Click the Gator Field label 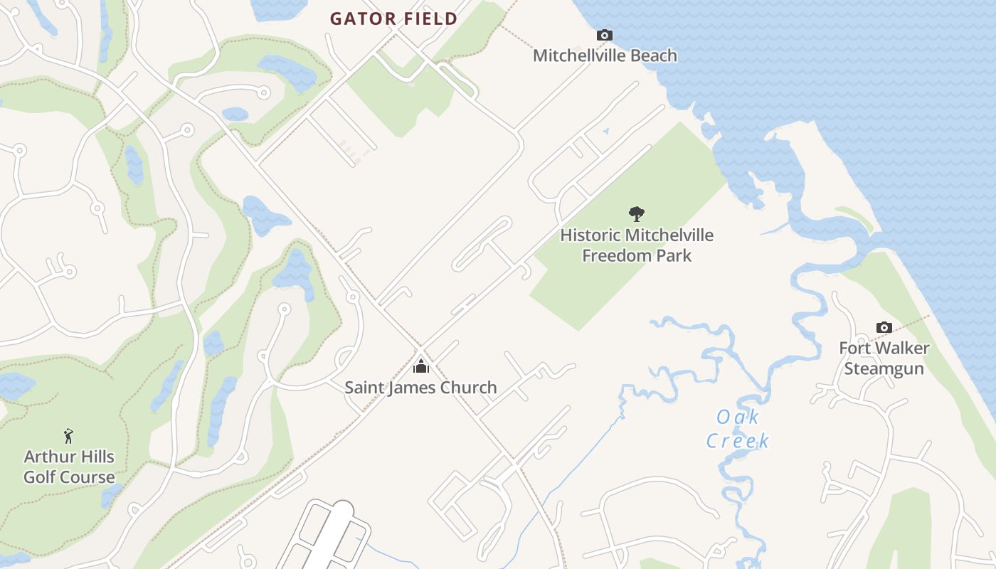click(x=393, y=19)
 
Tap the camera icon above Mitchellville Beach click(x=604, y=35)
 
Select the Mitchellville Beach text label click(x=605, y=55)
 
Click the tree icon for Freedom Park click(x=637, y=213)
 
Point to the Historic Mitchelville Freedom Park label click(x=637, y=245)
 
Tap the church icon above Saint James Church click(x=421, y=366)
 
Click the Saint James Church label click(x=420, y=388)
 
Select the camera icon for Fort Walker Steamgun click(x=884, y=327)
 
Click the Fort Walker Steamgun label click(x=884, y=358)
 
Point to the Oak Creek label click(x=738, y=429)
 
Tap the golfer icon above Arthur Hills click(x=68, y=435)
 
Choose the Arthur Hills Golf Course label click(x=69, y=467)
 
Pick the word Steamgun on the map click(x=884, y=369)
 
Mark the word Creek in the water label click(x=738, y=442)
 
